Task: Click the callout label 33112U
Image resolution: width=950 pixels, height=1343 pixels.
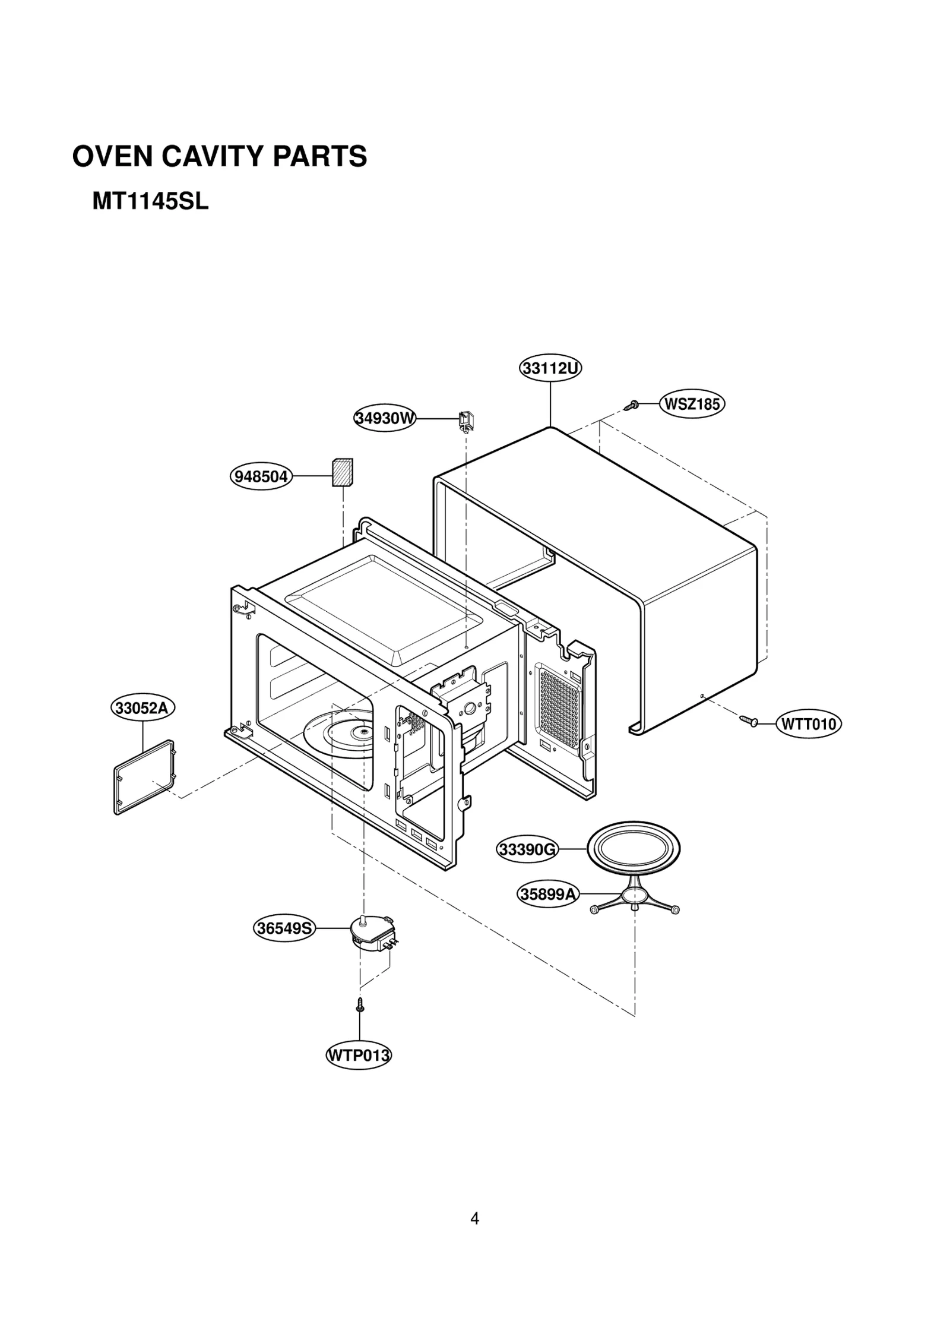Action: [550, 369]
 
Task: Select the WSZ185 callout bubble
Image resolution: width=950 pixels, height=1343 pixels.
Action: [692, 405]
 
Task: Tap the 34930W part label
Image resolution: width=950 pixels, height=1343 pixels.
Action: [385, 418]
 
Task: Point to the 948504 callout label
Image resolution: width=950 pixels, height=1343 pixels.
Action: [261, 476]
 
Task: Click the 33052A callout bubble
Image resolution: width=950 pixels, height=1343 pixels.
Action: [142, 708]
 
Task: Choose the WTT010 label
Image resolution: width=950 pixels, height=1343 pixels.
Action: [808, 724]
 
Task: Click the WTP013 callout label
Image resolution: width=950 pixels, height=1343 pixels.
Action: [359, 1056]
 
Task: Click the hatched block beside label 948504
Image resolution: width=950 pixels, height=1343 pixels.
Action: [342, 473]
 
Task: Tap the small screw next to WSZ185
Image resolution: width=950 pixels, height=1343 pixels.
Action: [632, 406]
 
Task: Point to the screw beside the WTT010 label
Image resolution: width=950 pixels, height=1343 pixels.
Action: [749, 721]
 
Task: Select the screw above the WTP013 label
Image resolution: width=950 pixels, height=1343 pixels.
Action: [360, 1005]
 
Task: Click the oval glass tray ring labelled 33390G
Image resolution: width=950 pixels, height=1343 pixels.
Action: [633, 848]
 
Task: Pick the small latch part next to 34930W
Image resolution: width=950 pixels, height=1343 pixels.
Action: [465, 419]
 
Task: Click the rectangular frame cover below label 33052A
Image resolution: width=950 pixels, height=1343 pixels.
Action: [144, 777]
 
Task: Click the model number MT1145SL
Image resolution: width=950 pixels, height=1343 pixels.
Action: [150, 202]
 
